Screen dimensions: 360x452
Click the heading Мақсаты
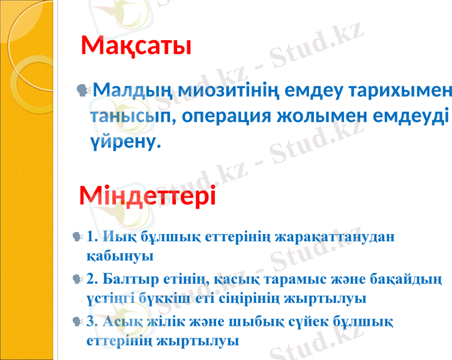tap(136, 46)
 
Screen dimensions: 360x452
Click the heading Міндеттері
tap(148, 195)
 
